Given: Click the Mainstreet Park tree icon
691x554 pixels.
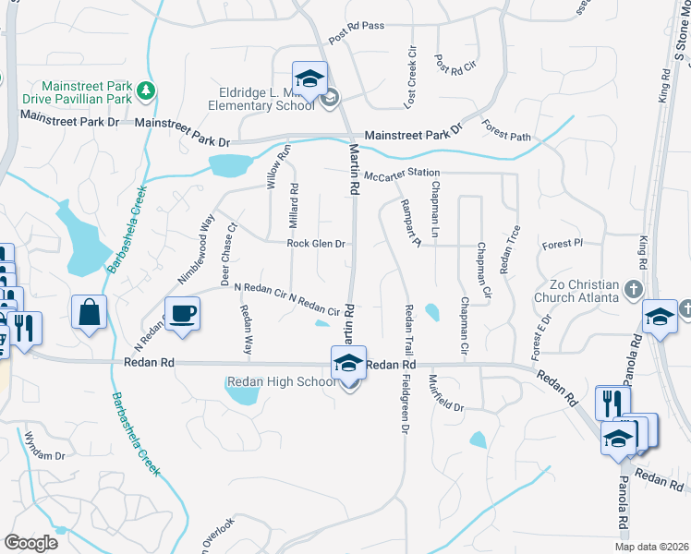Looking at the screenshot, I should click(x=145, y=90).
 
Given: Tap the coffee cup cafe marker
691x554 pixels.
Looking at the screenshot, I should click(x=182, y=314).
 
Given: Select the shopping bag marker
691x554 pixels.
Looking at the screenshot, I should click(x=90, y=312).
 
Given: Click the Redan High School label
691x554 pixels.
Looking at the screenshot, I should click(x=281, y=382).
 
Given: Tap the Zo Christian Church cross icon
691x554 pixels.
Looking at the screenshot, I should click(x=634, y=290).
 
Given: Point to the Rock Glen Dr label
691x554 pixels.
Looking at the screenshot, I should click(x=316, y=244).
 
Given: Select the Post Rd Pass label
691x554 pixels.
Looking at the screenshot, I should click(x=356, y=26).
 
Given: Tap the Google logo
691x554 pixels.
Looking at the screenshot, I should click(x=30, y=543).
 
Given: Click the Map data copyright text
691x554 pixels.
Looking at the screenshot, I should click(x=651, y=547).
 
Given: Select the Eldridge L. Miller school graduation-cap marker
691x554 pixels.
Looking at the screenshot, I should click(x=310, y=77).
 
